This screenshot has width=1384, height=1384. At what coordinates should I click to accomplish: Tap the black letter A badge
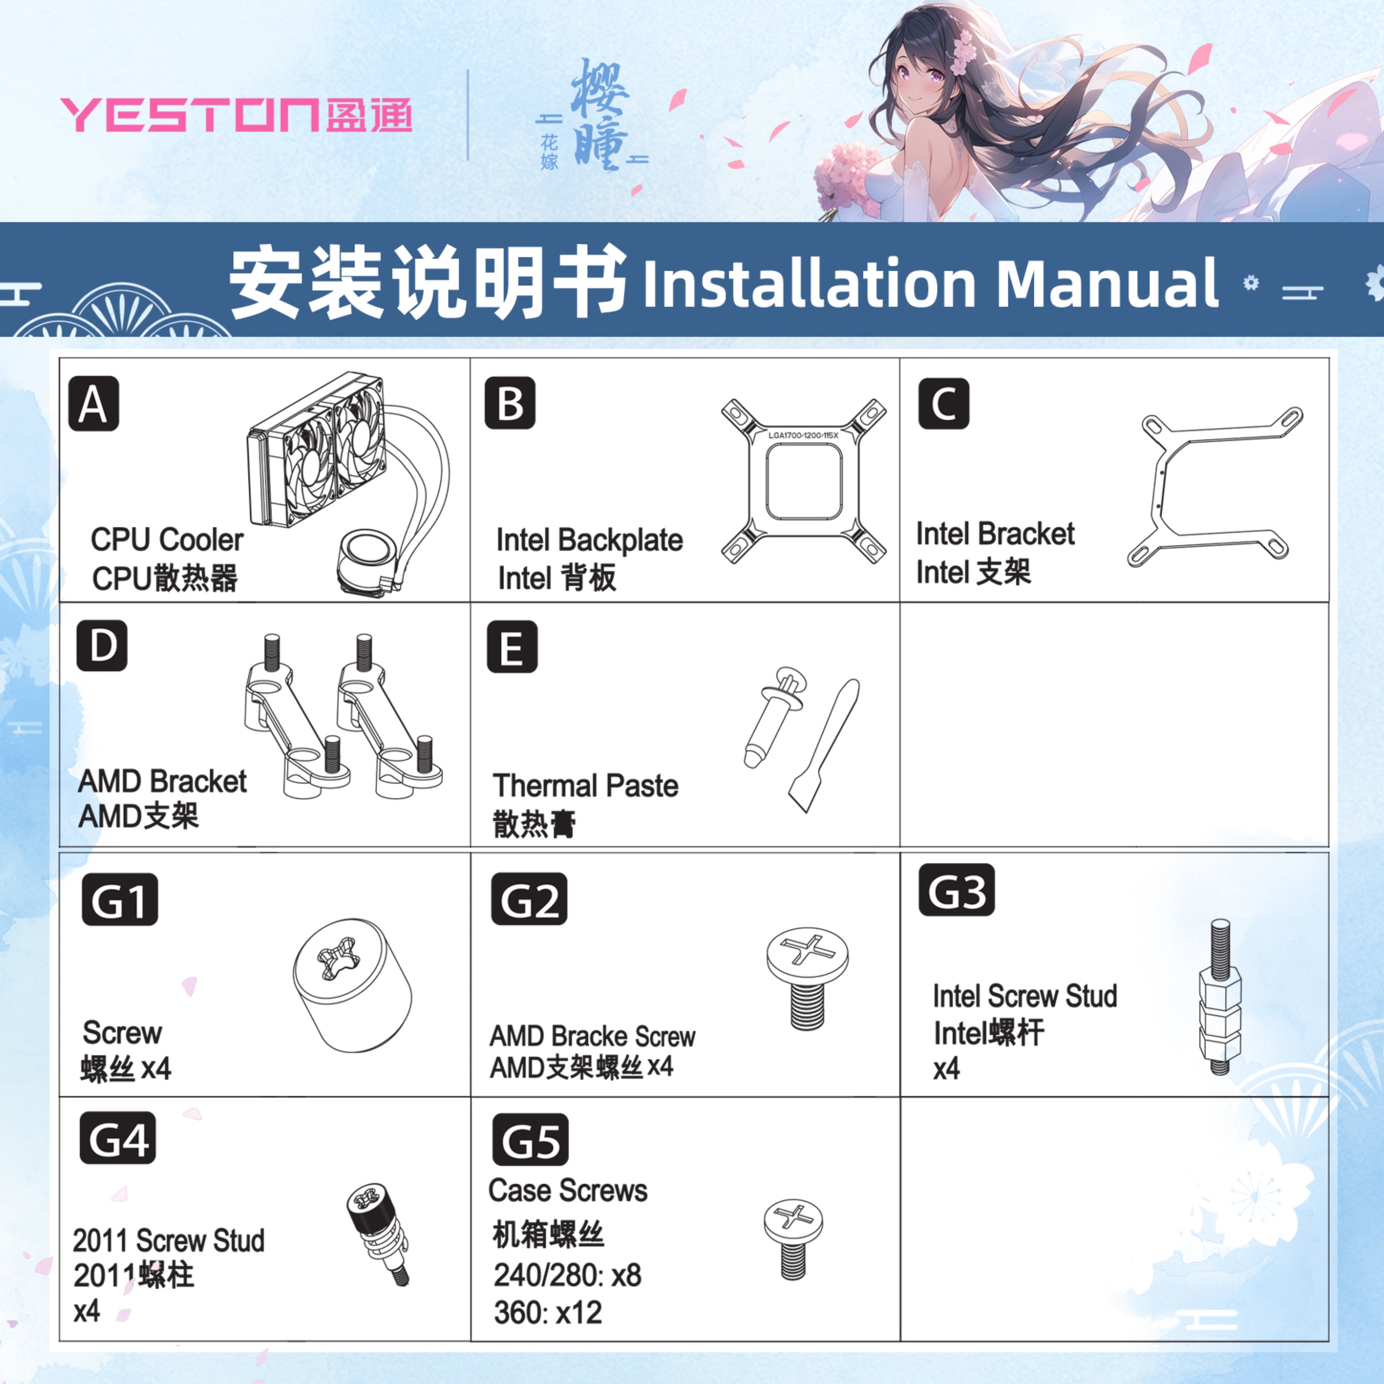(x=93, y=404)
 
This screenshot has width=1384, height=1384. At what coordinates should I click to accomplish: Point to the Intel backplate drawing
(x=803, y=480)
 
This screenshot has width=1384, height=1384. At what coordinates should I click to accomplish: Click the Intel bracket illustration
(x=1214, y=487)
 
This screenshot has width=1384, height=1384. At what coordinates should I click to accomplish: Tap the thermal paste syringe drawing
(x=774, y=716)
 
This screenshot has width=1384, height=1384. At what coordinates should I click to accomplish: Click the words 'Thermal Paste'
(x=585, y=786)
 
